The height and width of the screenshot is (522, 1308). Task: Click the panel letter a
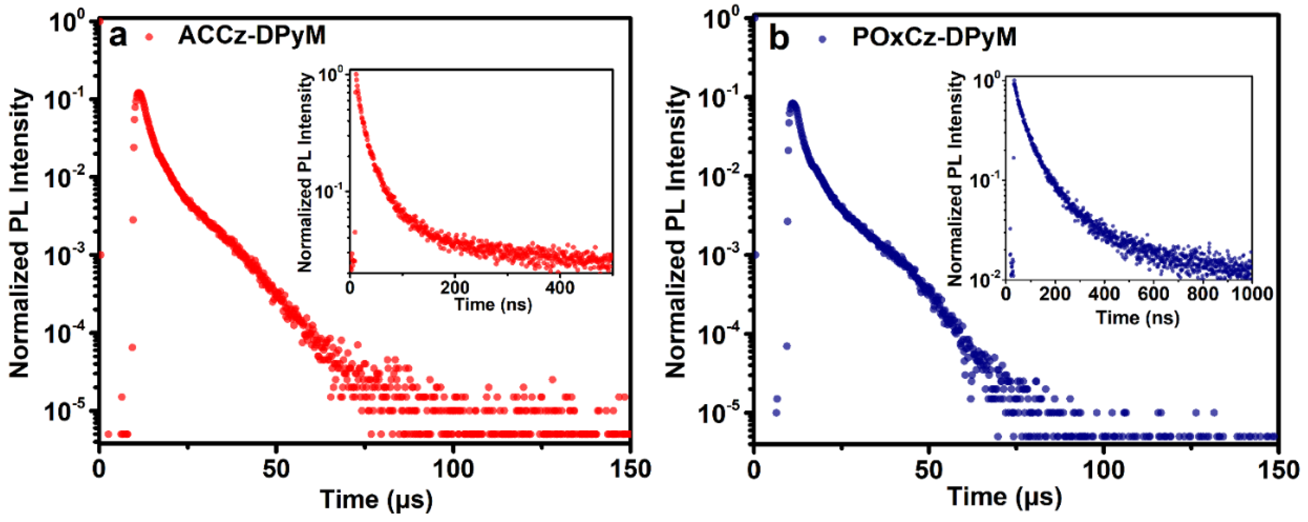point(117,37)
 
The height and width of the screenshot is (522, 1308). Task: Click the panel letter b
point(779,38)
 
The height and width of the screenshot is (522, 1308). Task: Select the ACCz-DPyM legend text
point(252,35)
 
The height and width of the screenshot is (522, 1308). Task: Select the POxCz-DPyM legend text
point(934,37)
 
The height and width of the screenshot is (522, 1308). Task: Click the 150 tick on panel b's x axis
point(1278,470)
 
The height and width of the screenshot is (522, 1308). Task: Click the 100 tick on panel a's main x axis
point(453,469)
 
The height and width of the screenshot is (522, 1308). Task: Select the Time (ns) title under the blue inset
point(1138,318)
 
